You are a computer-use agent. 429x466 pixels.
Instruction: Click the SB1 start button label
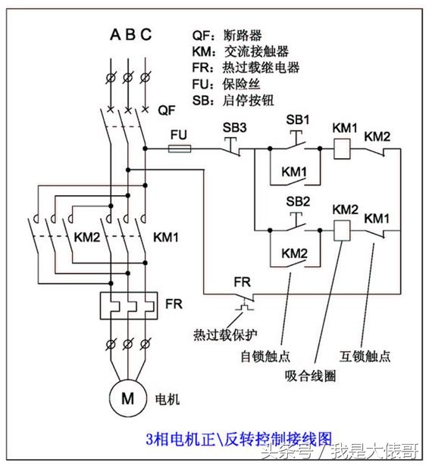click(x=298, y=120)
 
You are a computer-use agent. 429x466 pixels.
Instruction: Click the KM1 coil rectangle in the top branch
click(x=343, y=149)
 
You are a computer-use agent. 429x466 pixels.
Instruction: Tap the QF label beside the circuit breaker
click(x=168, y=110)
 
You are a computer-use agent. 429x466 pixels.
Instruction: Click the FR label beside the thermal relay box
click(x=174, y=303)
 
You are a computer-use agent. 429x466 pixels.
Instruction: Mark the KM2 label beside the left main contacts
click(x=87, y=237)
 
